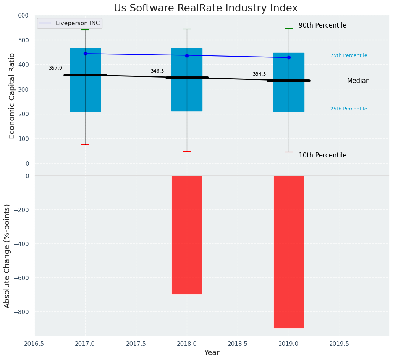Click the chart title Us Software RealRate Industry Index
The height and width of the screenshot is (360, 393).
pos(205,8)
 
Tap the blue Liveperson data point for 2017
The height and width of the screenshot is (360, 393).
pos(85,54)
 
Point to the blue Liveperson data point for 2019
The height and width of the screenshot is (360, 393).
pos(289,57)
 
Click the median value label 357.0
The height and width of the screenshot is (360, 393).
pos(55,68)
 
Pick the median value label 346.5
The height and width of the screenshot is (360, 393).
pos(157,71)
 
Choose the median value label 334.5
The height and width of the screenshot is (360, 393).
pos(259,74)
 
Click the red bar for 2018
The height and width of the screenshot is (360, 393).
pos(187,235)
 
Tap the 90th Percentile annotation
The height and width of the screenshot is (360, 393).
pos(322,26)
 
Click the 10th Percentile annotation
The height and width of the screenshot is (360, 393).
pos(322,156)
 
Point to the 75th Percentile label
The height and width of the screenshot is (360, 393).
pos(349,55)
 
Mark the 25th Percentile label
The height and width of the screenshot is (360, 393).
pos(349,109)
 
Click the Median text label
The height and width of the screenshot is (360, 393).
pos(358,81)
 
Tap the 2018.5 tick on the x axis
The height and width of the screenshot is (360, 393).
pos(238,344)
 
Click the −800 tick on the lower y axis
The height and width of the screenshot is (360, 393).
pos(21,311)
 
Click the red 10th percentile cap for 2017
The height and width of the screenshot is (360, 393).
pos(85,144)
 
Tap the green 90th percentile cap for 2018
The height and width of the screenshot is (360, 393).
pos(187,29)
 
